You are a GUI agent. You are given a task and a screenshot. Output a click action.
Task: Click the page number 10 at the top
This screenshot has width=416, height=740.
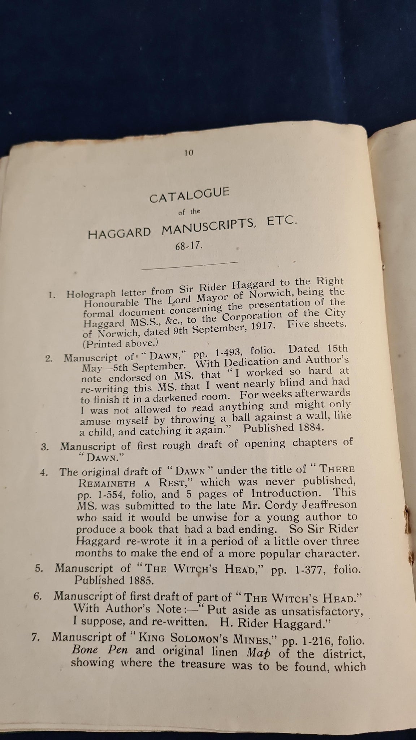(188, 153)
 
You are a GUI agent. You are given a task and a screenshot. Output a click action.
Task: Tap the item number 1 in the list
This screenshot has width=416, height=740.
(52, 294)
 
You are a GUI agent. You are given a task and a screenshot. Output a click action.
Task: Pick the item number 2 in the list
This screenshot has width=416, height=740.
(49, 359)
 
